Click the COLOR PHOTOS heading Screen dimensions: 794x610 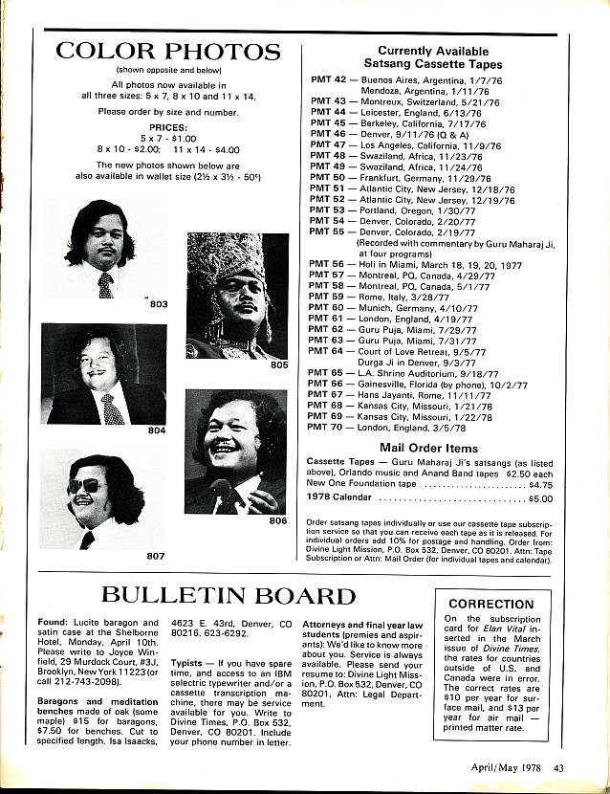[167, 51]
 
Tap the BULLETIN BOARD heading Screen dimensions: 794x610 [229, 596]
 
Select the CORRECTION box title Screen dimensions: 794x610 [490, 605]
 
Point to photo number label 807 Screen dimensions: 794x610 [155, 555]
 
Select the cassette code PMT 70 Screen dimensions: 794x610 [328, 430]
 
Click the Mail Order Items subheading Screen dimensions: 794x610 [428, 447]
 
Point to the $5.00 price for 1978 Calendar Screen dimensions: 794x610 [540, 498]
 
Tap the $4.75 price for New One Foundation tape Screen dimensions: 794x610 [540, 485]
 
